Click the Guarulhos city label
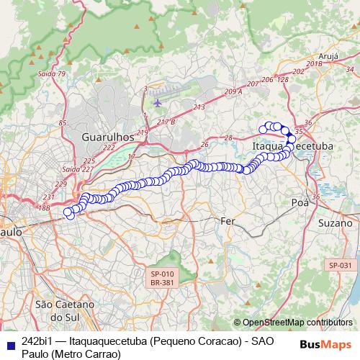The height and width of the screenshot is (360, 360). (x=108, y=136)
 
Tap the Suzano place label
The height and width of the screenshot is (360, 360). (x=335, y=222)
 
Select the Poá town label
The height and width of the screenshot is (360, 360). (x=300, y=203)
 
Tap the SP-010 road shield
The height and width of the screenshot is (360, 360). (x=163, y=274)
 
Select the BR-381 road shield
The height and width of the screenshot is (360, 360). (x=163, y=283)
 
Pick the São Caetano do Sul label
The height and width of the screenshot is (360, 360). (x=64, y=310)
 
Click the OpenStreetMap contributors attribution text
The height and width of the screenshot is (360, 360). (x=293, y=323)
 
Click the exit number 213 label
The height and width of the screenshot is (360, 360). (x=199, y=107)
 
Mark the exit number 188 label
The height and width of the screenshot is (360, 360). (x=43, y=207)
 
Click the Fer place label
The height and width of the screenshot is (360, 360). (x=228, y=220)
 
